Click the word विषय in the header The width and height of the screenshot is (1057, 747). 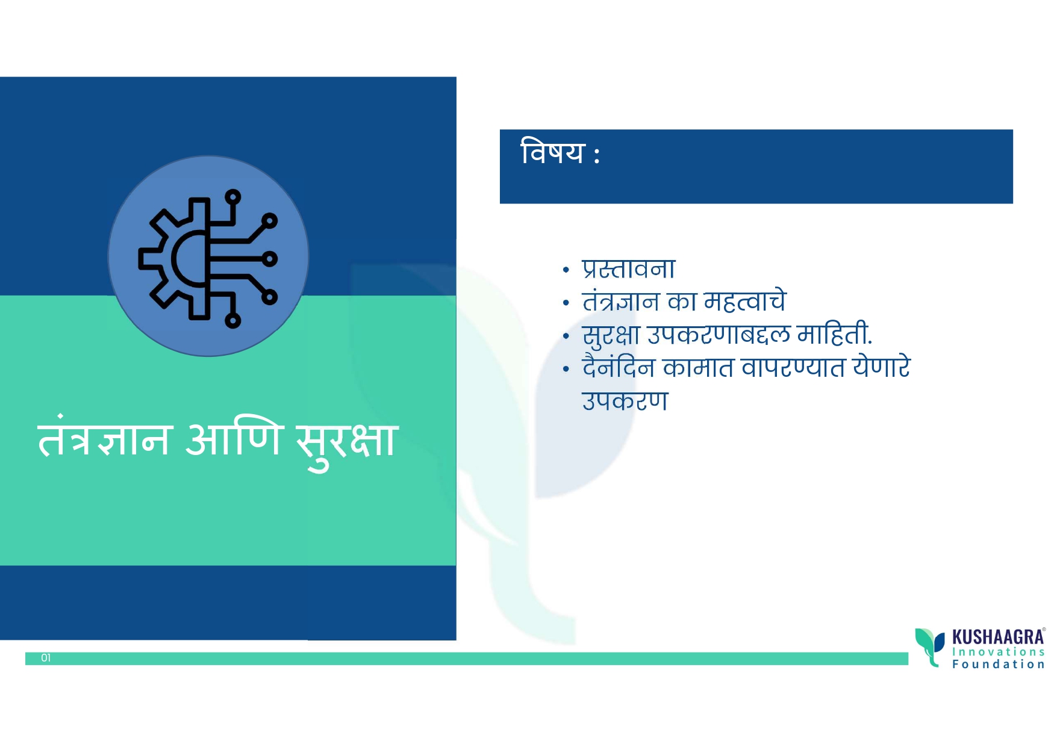pos(552,152)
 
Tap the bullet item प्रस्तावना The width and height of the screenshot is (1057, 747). pos(628,268)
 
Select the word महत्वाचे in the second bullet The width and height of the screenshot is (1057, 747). pos(745,300)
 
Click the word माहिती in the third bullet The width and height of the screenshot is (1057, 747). pos(834,334)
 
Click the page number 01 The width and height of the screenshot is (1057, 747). pos(46,658)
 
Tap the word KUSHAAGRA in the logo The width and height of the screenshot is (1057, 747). pos(998,637)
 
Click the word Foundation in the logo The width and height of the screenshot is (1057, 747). pos(998,665)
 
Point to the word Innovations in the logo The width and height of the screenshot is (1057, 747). pos(998,652)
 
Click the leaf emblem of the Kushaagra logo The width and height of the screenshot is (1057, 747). pos(930,646)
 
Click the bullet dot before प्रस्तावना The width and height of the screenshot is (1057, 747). pos(566,270)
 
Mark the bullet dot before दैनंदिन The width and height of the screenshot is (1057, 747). pos(566,368)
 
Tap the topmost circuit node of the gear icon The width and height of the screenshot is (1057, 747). pos(233,197)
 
